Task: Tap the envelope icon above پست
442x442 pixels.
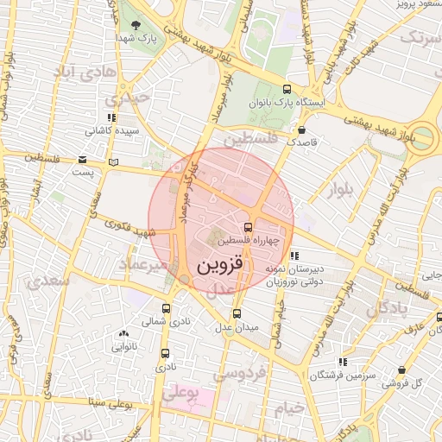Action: pyautogui.click(x=83, y=160)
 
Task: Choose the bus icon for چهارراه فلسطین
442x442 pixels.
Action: pyautogui.click(x=249, y=228)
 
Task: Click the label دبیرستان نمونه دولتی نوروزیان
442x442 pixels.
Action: pyautogui.click(x=294, y=275)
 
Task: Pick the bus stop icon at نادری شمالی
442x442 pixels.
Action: pyautogui.click(x=167, y=307)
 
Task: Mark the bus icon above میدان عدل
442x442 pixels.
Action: pyautogui.click(x=237, y=314)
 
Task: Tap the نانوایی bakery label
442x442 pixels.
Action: pyautogui.click(x=123, y=347)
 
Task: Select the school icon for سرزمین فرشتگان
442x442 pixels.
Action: pyautogui.click(x=343, y=362)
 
